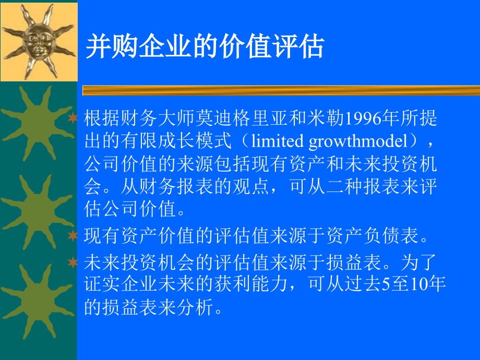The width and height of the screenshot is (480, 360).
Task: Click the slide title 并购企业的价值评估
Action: [x=205, y=46]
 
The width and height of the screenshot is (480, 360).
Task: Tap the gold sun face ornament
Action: [x=39, y=41]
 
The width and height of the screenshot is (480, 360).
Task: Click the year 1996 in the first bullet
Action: [x=363, y=118]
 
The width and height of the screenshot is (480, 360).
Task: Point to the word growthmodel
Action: [x=358, y=142]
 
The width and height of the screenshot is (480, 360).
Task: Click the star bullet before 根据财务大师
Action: [x=73, y=118]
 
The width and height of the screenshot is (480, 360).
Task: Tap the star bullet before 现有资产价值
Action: [x=73, y=235]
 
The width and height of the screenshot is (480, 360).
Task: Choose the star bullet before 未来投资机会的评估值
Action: [x=73, y=262]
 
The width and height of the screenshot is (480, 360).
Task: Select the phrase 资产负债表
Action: [x=373, y=236]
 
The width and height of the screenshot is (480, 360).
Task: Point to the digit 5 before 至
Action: [x=386, y=284]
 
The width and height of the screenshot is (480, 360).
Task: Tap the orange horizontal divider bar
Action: [x=281, y=91]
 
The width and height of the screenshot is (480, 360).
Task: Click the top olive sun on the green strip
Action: [x=38, y=123]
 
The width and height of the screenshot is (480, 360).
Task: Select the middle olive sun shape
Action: [x=38, y=212]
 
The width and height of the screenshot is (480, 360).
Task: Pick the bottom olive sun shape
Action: [x=38, y=301]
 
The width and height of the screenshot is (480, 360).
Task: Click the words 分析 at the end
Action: [x=195, y=307]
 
